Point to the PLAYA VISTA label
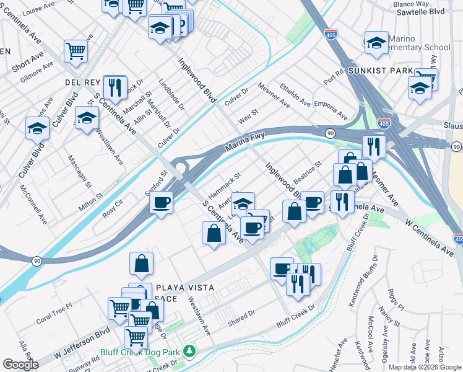click(x=184, y=288)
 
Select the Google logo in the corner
click(x=20, y=365)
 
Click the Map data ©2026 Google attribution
click(x=425, y=367)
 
